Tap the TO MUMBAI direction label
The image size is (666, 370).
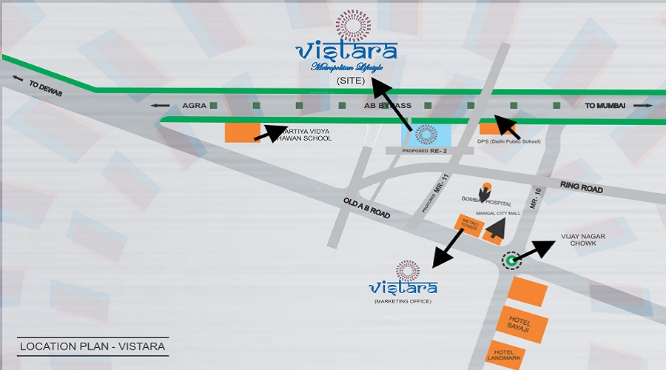click(x=605, y=106)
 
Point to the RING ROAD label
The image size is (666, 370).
click(x=582, y=189)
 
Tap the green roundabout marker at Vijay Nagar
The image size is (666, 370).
click(x=511, y=260)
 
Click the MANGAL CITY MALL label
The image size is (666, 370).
click(x=499, y=212)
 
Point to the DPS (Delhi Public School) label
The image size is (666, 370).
click(x=509, y=141)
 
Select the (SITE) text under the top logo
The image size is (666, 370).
click(x=351, y=81)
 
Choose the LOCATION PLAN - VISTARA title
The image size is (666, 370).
click(x=92, y=346)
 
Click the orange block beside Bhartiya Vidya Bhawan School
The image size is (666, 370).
click(x=241, y=133)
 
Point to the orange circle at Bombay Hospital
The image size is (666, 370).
click(x=486, y=186)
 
